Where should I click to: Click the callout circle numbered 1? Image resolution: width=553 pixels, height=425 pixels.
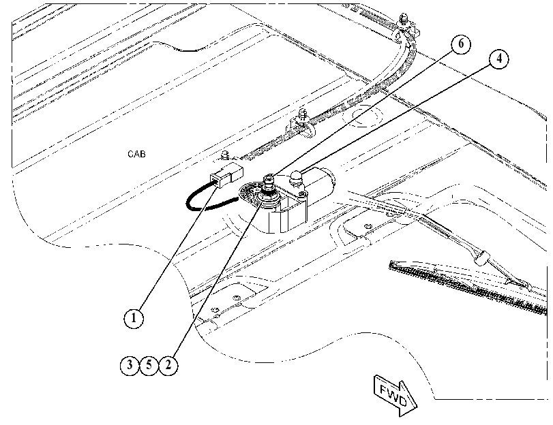pyautogui.click(x=134, y=318)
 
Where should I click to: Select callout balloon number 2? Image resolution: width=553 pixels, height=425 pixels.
pyautogui.click(x=168, y=365)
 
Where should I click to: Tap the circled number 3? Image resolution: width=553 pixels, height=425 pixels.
pyautogui.click(x=130, y=365)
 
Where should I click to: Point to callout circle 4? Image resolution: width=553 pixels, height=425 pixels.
pyautogui.click(x=498, y=59)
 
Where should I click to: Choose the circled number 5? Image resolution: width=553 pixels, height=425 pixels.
pyautogui.click(x=149, y=365)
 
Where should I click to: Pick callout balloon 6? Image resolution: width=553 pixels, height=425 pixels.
pyautogui.click(x=460, y=44)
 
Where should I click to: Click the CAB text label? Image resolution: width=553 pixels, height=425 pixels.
pyautogui.click(x=136, y=154)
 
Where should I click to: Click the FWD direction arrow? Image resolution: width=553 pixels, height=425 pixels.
pyautogui.click(x=395, y=396)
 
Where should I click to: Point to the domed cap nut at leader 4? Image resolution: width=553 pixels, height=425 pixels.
pyautogui.click(x=296, y=177)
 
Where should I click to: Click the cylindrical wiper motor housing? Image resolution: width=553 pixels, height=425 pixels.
pyautogui.click(x=318, y=183)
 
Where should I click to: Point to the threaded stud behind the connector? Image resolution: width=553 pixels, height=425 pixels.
pyautogui.click(x=224, y=155)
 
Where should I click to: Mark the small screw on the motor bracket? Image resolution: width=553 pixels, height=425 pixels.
pyautogui.click(x=301, y=194)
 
